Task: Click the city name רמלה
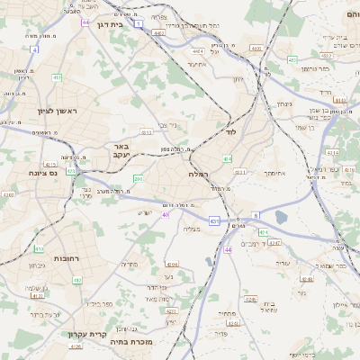(x=199, y=173)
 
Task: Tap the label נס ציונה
(x=43, y=173)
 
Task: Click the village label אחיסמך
(x=274, y=173)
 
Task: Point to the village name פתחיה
(x=227, y=313)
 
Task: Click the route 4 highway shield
(x=34, y=50)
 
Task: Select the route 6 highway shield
(x=256, y=215)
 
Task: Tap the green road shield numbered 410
(x=40, y=249)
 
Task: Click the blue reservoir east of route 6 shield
(x=282, y=217)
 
